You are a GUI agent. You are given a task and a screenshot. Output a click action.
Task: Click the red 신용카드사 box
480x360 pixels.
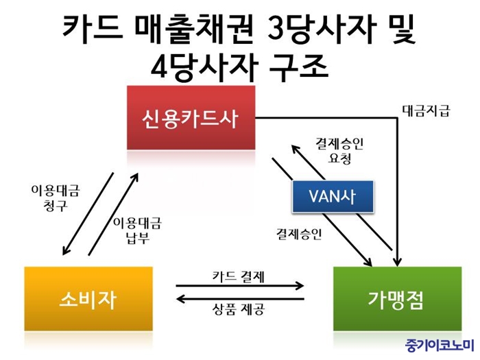191,117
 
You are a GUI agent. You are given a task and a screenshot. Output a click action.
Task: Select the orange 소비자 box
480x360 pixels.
88,299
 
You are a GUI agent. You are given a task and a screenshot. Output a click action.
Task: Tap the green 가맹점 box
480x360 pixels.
397,299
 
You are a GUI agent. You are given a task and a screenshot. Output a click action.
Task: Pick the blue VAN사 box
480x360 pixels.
333,196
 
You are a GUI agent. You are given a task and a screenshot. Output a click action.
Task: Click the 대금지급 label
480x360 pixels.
426,111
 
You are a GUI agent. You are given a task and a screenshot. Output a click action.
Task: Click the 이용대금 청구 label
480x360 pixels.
56,197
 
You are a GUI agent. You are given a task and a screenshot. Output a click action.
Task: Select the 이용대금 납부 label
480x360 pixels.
137,230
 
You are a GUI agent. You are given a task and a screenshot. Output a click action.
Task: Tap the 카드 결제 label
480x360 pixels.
238,277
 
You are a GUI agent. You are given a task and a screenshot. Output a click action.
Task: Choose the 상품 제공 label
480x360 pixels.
238,309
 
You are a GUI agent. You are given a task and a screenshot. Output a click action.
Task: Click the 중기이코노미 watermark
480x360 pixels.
440,346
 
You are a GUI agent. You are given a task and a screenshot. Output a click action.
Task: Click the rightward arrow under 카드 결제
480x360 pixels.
240,286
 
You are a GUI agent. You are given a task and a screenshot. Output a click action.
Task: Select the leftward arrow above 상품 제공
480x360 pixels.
241,299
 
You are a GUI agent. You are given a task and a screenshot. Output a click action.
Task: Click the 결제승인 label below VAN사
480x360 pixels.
299,235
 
